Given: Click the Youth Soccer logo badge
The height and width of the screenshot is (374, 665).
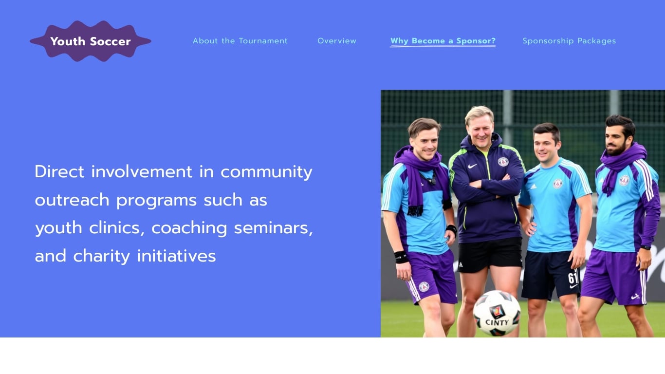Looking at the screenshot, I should (x=91, y=41).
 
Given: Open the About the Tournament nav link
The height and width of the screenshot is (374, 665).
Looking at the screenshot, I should (x=240, y=41).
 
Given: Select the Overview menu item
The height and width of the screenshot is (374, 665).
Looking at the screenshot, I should (x=337, y=41).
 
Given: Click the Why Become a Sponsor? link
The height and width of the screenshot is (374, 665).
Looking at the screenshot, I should (x=443, y=41).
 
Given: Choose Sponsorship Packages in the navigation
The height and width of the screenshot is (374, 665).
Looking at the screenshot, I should (x=569, y=41).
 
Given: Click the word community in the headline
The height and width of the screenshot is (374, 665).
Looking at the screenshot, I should (x=266, y=172).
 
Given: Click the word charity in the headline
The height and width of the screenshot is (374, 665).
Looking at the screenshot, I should (x=101, y=256).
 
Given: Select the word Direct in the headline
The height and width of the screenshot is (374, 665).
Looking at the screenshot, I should (x=59, y=172).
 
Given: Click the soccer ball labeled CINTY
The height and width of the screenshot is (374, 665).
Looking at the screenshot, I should (x=497, y=313).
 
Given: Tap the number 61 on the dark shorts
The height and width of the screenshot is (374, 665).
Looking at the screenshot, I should (x=573, y=279).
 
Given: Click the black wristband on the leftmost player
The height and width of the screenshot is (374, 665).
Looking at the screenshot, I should (x=401, y=257).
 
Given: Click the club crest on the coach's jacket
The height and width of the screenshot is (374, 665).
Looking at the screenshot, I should (x=503, y=161).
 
